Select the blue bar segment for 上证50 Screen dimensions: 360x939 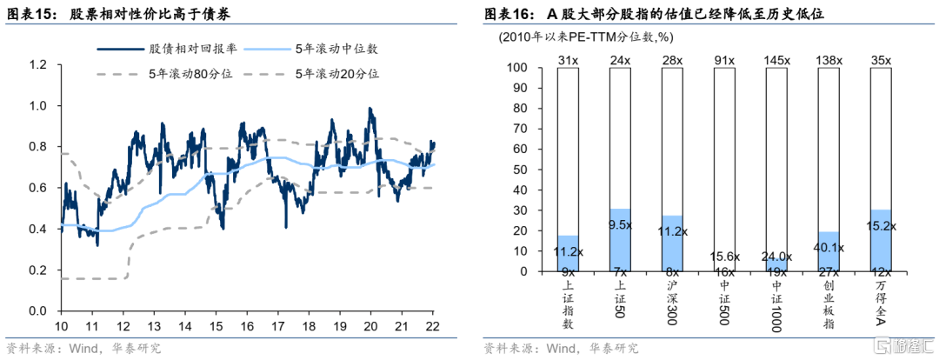[620, 239]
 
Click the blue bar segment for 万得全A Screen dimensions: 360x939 [881, 240]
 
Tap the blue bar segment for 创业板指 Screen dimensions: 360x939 [829, 251]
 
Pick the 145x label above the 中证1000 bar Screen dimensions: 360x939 [776, 60]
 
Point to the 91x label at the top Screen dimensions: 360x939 [724, 60]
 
